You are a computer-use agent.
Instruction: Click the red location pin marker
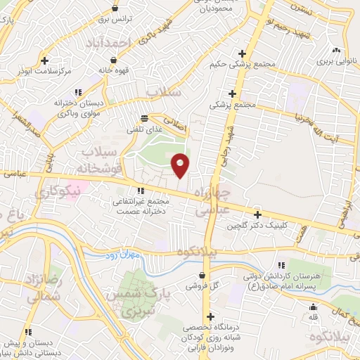point(181,165)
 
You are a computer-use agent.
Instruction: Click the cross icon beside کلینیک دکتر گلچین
point(257,214)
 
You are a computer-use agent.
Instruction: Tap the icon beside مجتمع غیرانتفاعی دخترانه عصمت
point(141,190)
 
